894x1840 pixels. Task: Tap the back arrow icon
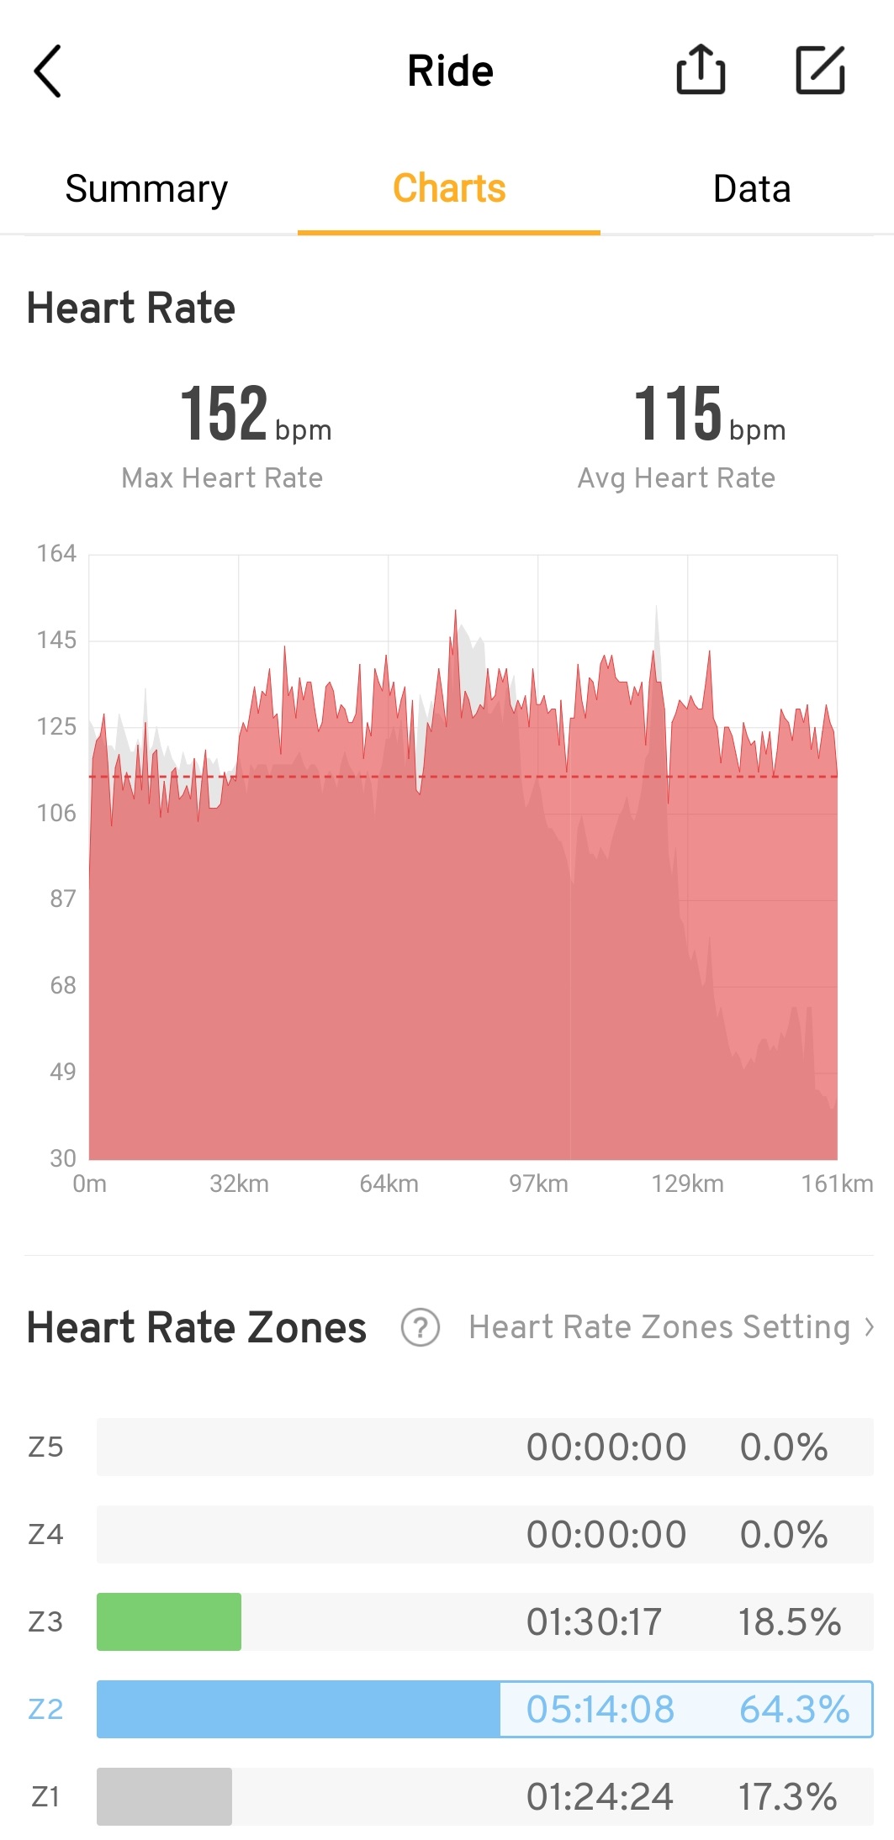coord(48,71)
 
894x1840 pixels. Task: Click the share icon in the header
coord(701,70)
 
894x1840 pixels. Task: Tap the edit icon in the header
coord(820,70)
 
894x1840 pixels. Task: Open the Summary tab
coord(146,189)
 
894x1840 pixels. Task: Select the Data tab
coord(752,189)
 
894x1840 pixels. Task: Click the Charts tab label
coord(449,189)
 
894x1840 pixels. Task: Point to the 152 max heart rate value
coord(225,414)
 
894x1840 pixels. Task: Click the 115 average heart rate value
coord(678,414)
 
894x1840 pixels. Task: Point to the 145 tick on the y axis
coord(56,641)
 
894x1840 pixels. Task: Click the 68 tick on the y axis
coord(62,985)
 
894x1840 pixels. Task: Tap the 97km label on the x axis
coord(538,1184)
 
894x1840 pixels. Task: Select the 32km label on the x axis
coord(239,1184)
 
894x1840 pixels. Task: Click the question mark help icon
coord(421,1328)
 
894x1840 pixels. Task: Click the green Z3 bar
coord(169,1621)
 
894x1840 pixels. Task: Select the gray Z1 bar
coord(164,1796)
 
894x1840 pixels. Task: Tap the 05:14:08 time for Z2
coord(600,1709)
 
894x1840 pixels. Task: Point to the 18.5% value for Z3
coord(789,1622)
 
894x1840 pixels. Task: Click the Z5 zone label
coord(45,1447)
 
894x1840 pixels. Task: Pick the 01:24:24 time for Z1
coord(600,1797)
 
